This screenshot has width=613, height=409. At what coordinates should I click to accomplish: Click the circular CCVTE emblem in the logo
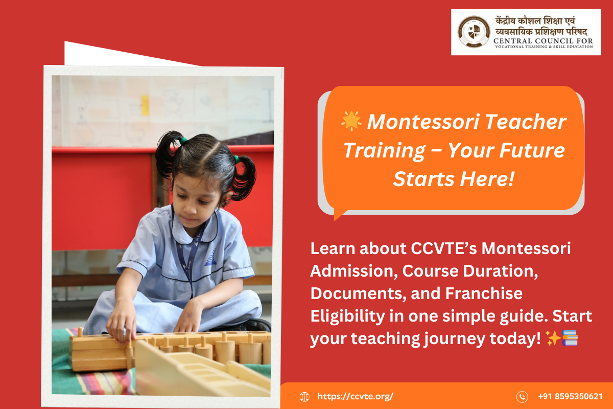pos(474,32)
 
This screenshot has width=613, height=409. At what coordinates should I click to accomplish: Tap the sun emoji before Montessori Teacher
pos(351,121)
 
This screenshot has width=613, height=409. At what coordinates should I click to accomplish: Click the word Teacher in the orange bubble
pos(526,122)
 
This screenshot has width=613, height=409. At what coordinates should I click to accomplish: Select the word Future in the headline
pos(532,150)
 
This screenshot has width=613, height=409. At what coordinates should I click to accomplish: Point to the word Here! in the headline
pos(487,179)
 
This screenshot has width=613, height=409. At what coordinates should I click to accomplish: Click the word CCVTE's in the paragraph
pos(444,248)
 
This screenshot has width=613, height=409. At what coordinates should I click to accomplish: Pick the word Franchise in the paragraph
pos(484,293)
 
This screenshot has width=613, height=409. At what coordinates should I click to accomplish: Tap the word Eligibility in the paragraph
pos(348,316)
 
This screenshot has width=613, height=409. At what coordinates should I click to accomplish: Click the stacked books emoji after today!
pos(570,338)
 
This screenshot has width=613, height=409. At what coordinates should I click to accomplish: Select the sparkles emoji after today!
pos(553,338)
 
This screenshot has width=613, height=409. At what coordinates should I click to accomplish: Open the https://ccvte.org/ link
pos(355,396)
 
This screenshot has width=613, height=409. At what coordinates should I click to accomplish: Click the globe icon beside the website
pos(304,396)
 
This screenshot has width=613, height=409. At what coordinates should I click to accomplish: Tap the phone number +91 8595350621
pos(570,396)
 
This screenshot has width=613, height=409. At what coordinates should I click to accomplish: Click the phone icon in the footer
pos(522,397)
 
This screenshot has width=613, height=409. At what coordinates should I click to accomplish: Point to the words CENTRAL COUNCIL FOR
pos(543,41)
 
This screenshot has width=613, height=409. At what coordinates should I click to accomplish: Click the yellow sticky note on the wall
pos(145,105)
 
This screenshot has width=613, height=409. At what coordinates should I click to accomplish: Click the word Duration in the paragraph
pos(501,271)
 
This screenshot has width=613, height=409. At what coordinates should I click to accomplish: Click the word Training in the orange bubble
pos(384,151)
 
